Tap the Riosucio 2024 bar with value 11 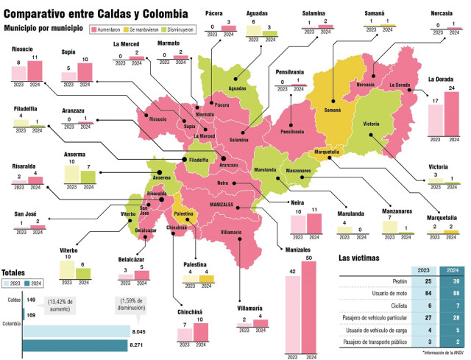pos(34,71)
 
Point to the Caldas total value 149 pos(32,300)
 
